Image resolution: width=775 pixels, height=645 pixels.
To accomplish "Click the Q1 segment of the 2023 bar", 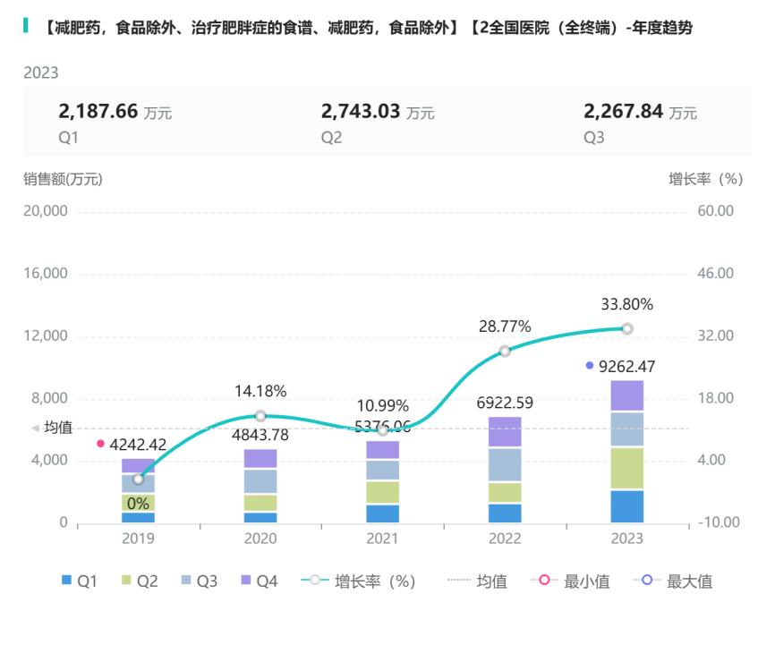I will click(x=626, y=506).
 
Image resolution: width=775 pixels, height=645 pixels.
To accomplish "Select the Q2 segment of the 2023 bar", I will click(x=626, y=468).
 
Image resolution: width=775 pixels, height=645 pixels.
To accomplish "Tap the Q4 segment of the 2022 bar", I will click(x=505, y=432).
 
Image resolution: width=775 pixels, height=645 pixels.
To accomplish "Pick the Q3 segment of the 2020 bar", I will click(x=260, y=481).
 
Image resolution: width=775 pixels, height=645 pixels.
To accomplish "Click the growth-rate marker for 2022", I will click(x=505, y=351).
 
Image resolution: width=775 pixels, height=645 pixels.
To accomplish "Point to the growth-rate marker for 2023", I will click(x=627, y=328).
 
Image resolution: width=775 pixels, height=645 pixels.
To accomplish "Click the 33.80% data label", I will click(x=626, y=304).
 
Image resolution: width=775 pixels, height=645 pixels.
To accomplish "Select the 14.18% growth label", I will click(x=260, y=391).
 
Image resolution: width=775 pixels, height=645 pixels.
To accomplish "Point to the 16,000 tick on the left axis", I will click(x=46, y=274).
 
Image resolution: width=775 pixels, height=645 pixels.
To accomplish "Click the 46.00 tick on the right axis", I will click(x=715, y=274).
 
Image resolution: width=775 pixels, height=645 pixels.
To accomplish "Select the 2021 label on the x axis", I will click(x=382, y=539).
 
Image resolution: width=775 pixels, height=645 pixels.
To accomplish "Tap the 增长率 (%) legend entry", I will click(x=362, y=581).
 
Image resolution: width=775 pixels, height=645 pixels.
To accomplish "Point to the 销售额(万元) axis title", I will click(x=63, y=179).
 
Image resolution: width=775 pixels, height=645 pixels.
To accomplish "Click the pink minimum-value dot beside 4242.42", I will click(x=101, y=444).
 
